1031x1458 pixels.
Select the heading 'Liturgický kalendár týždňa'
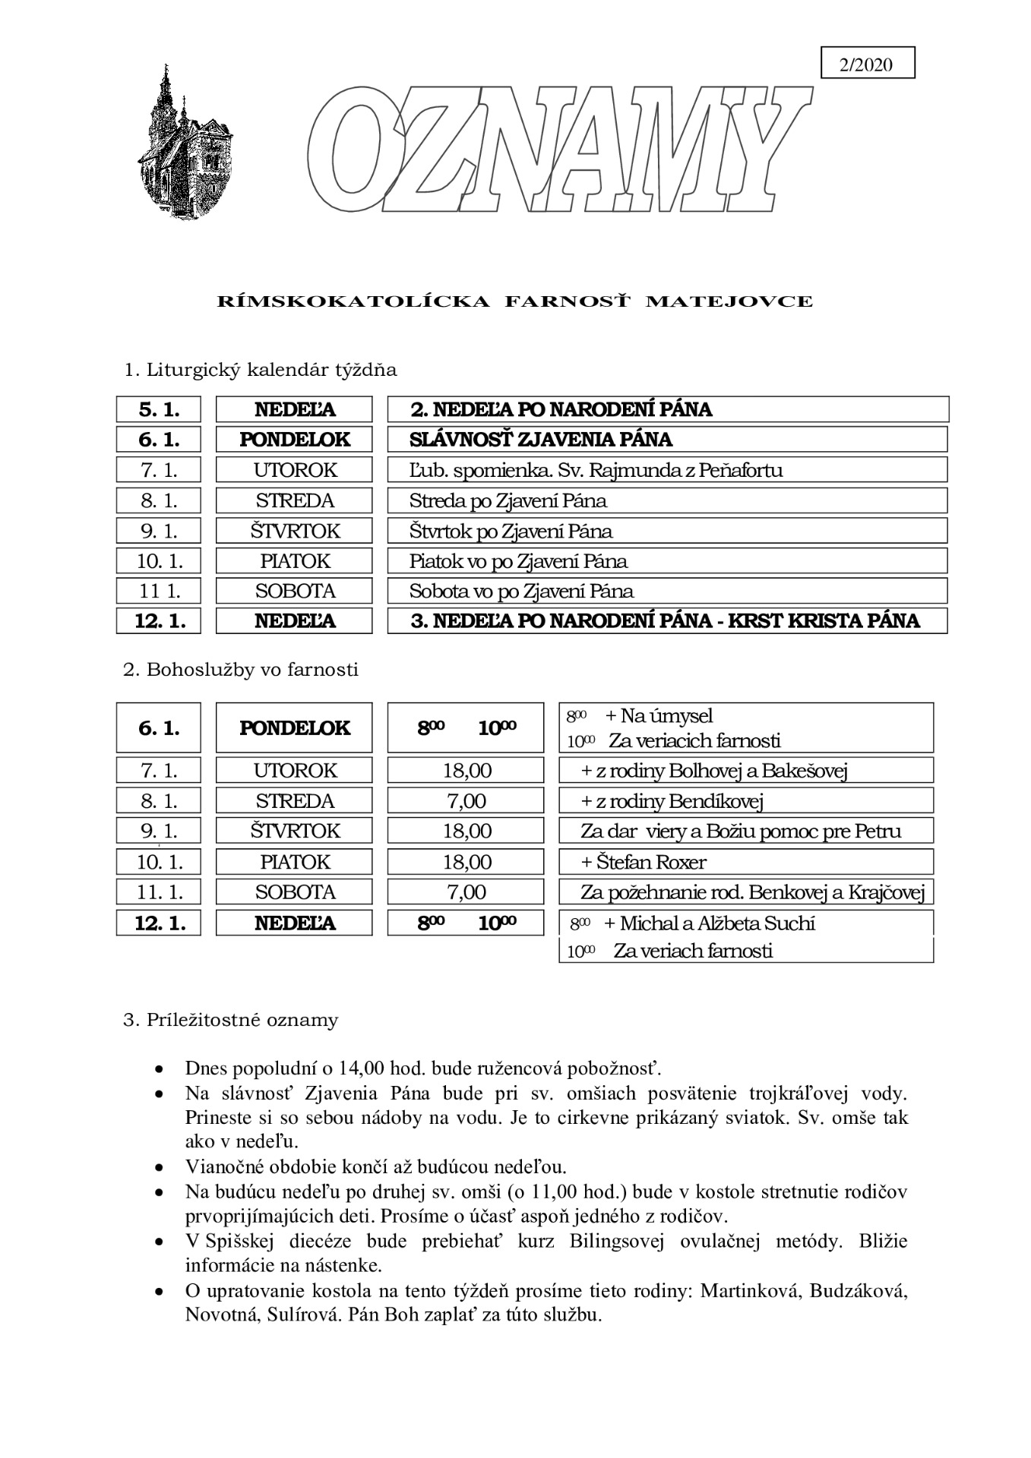260,371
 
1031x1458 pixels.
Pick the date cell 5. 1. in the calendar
159,410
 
